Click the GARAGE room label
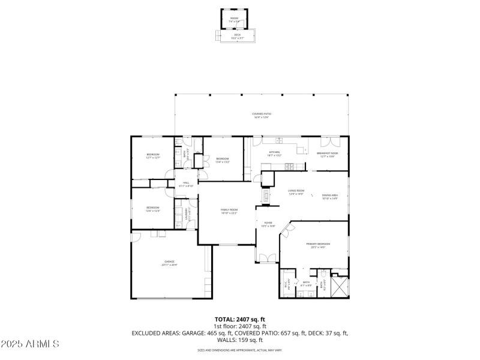pos(170,262)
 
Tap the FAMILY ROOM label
pos(229,209)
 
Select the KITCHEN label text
pos(275,152)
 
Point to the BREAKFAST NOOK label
pos(328,153)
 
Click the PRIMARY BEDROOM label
pos(318,244)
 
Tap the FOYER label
pos(268,223)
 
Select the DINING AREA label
pos(330,195)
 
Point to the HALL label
pos(186,182)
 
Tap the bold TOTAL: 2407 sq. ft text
pos(240,319)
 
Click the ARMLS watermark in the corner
pos(30,344)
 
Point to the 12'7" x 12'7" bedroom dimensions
pos(153,158)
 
